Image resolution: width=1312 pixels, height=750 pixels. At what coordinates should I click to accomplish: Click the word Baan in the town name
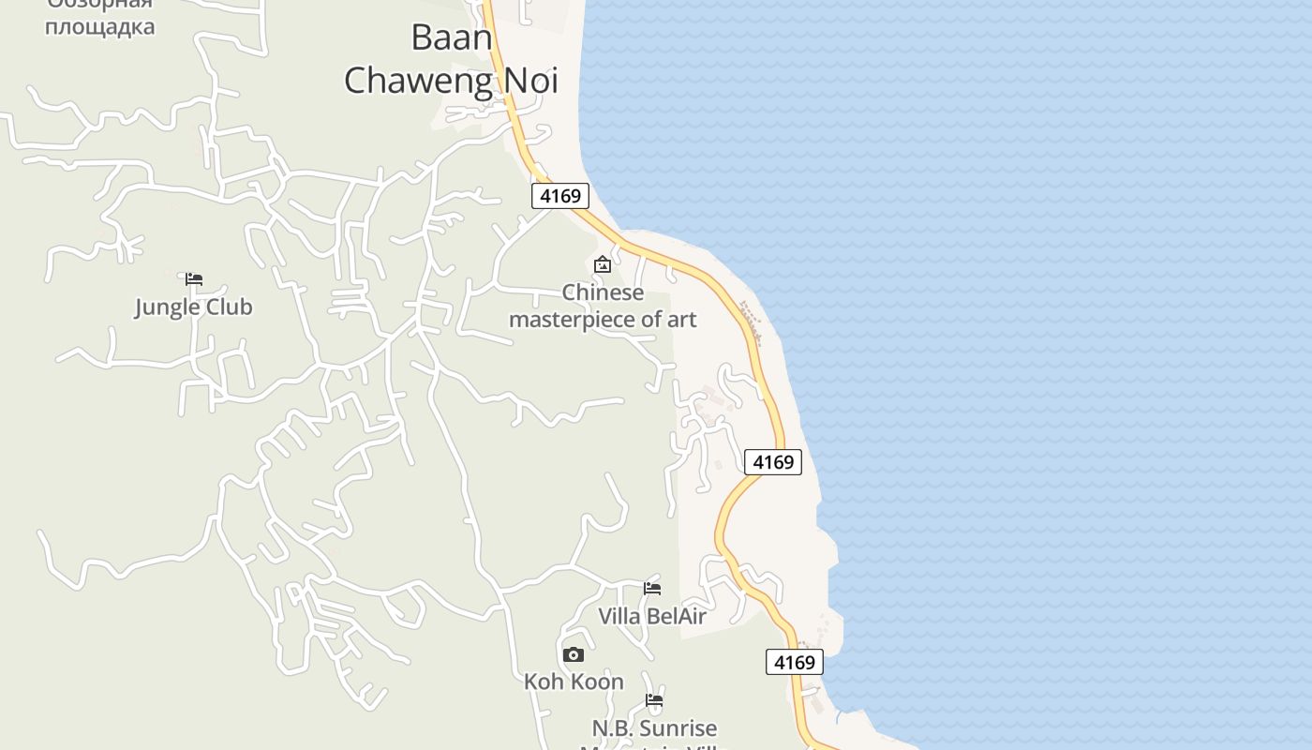(x=452, y=37)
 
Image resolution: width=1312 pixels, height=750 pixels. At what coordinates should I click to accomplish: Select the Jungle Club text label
(x=193, y=307)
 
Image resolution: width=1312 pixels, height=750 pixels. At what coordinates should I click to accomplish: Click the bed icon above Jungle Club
(x=194, y=279)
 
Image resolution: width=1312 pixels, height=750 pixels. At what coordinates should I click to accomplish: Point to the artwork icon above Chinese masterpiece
(x=603, y=265)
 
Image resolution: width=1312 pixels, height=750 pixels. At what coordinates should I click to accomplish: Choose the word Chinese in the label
(x=603, y=292)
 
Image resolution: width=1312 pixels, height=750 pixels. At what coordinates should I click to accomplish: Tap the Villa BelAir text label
(x=652, y=617)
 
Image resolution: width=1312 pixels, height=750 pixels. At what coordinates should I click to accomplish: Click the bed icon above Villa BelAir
(x=652, y=589)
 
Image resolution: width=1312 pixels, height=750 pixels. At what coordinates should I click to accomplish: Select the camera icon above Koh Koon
(x=574, y=654)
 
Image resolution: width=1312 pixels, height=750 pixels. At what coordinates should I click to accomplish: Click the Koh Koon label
(x=574, y=682)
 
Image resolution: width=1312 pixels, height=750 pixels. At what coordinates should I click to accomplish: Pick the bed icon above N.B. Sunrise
(x=654, y=700)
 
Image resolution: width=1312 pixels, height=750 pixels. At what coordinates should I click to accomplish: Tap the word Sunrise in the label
(x=682, y=728)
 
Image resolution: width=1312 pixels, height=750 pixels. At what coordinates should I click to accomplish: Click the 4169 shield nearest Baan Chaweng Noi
(x=560, y=196)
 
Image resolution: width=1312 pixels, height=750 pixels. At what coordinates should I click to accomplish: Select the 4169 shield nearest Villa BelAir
(x=795, y=662)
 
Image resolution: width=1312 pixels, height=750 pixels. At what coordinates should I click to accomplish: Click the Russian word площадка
(x=99, y=26)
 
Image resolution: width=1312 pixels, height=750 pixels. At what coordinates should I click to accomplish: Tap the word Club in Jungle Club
(x=229, y=307)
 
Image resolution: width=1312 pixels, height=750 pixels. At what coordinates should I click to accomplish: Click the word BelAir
(x=676, y=617)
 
